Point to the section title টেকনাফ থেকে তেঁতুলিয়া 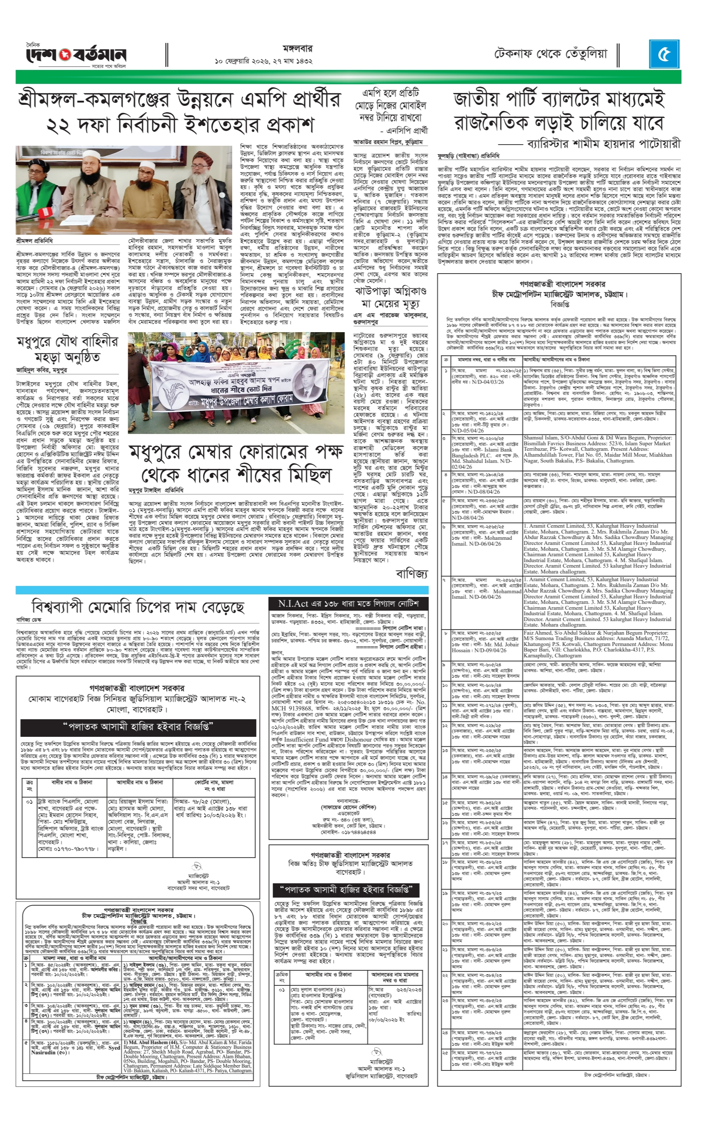coord(550,54)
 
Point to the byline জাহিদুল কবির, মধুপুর coord(42,370)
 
